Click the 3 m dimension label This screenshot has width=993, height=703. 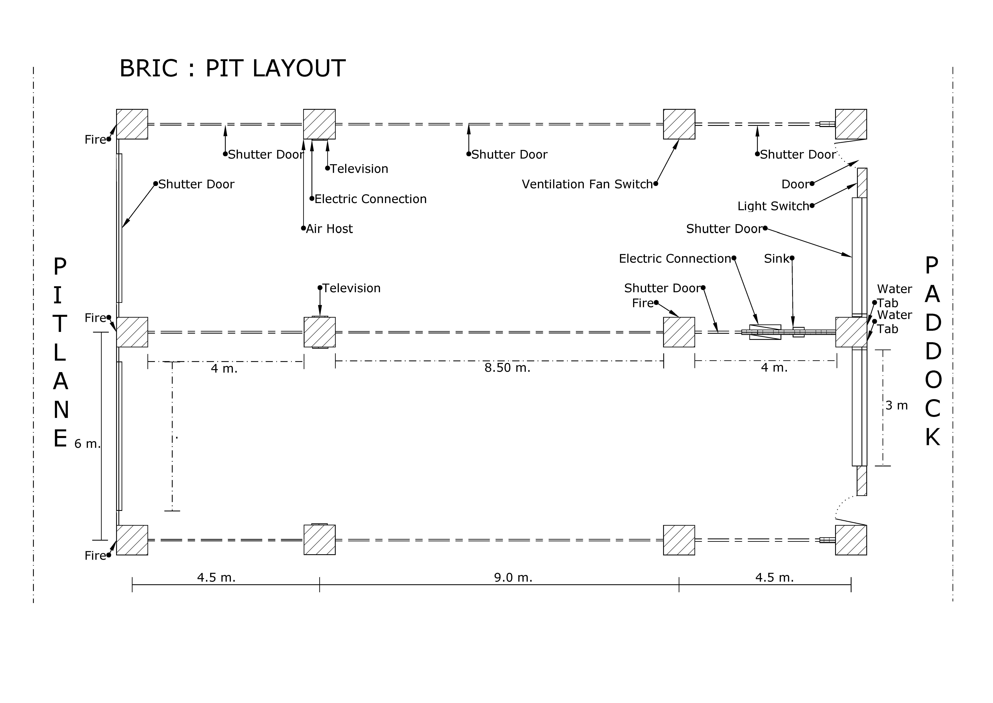897,406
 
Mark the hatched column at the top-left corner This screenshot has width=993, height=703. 132,124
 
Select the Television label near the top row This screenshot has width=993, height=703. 359,169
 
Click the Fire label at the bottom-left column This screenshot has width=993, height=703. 95,556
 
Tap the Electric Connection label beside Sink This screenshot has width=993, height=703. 675,259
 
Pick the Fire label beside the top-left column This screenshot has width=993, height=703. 95,140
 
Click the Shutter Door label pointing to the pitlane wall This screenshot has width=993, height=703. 196,184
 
